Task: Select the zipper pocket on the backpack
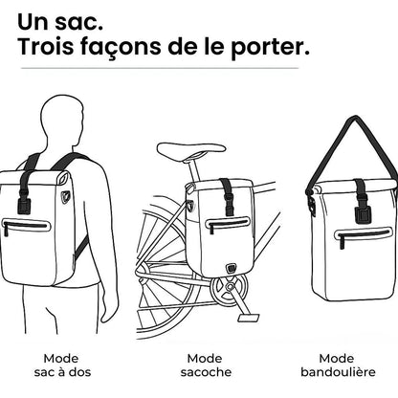point(27,226)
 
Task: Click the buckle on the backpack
point(24,203)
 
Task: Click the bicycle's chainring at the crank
point(231,287)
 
